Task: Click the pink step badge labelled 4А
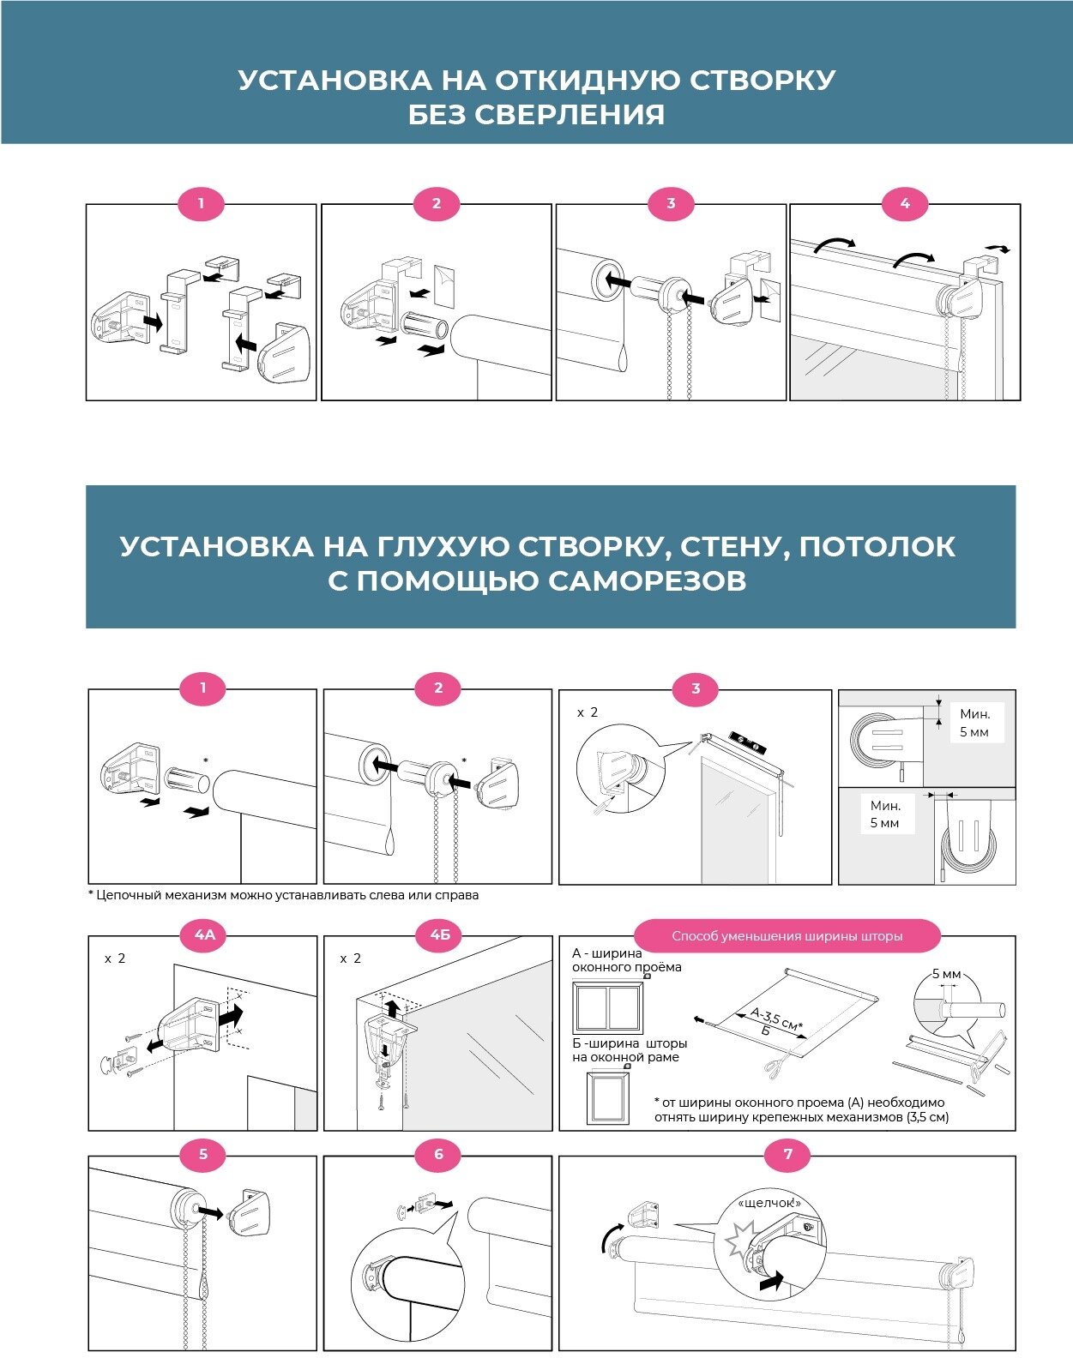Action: [x=204, y=935]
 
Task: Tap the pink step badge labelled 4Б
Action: [x=439, y=935]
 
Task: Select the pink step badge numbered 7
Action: [x=788, y=1154]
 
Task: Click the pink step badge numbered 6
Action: [x=438, y=1154]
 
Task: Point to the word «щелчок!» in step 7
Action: [x=769, y=1203]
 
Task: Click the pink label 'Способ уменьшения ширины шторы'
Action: [x=787, y=936]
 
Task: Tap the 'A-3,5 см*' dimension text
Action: [x=776, y=1019]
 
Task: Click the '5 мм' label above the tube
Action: [x=946, y=975]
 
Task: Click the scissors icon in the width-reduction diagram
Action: [x=773, y=1067]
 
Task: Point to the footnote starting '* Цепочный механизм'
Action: [x=284, y=895]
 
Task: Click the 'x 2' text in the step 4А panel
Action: [x=115, y=958]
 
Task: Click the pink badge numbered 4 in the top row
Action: [x=905, y=204]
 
